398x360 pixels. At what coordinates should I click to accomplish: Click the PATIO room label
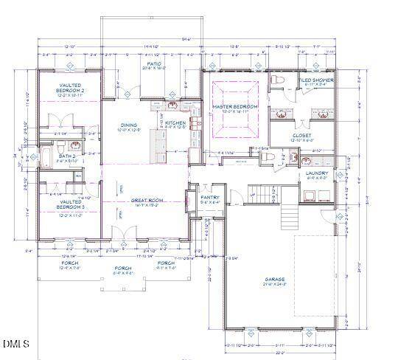154,65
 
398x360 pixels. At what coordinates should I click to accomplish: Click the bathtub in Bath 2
44,158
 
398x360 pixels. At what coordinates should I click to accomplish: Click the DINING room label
130,125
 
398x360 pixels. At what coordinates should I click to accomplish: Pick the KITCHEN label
175,122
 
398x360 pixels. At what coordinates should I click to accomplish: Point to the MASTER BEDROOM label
235,107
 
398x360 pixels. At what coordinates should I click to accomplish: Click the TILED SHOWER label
316,80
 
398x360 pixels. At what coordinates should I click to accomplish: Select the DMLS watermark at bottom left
15,344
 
